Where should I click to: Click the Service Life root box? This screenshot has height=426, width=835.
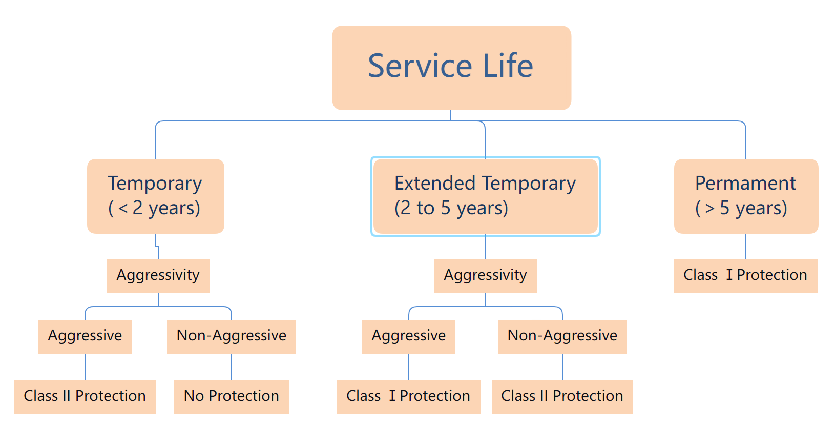pos(451,68)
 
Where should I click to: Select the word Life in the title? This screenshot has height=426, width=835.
pos(508,66)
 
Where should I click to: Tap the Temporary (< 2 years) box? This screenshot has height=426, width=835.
pos(155,196)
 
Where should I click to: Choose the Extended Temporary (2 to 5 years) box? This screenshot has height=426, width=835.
pos(485,196)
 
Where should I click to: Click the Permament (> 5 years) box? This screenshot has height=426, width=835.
pos(746,196)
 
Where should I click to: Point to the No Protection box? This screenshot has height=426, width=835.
pos(232,397)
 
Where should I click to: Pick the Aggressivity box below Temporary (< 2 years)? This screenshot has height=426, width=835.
pos(158,276)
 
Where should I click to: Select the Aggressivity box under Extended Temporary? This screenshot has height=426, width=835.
pos(485,276)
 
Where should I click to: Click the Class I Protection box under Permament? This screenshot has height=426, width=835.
pos(745,276)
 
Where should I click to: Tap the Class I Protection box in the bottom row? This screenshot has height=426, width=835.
pos(409,397)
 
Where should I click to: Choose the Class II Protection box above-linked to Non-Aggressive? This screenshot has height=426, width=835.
pos(562,397)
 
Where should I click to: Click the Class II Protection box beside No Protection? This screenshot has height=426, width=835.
pos(85,397)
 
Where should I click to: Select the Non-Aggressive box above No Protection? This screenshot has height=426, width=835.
pos(232,336)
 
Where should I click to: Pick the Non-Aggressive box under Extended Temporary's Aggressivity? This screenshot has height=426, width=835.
pos(562,336)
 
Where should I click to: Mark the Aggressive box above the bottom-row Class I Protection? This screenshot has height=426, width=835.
pos(409,336)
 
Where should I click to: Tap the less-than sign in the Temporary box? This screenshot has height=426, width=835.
pos(123,208)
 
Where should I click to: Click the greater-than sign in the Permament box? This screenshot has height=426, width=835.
pos(710,208)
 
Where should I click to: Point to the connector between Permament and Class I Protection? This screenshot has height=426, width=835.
pos(746,247)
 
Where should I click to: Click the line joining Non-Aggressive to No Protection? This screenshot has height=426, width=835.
pos(232,367)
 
